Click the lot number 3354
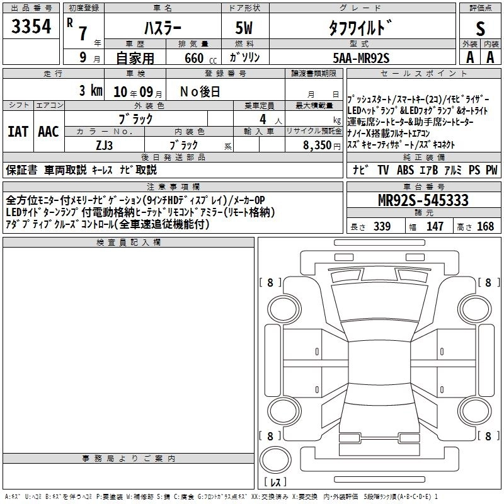point(31,26)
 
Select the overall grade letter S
point(480,28)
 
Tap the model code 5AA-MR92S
point(361,58)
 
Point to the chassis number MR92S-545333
point(423,200)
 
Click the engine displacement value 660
point(194,58)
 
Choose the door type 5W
point(244,28)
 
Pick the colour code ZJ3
point(104,146)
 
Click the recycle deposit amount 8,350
point(317,146)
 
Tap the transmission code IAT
point(18,132)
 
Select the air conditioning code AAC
point(49,132)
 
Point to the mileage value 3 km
point(91,91)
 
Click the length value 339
point(382,226)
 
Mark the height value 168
point(485,226)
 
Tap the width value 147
point(435,226)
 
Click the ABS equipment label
point(405,169)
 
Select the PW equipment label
point(491,169)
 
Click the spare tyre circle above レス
point(275,460)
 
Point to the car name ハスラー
point(163,28)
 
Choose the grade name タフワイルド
point(360,28)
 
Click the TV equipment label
point(383,169)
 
